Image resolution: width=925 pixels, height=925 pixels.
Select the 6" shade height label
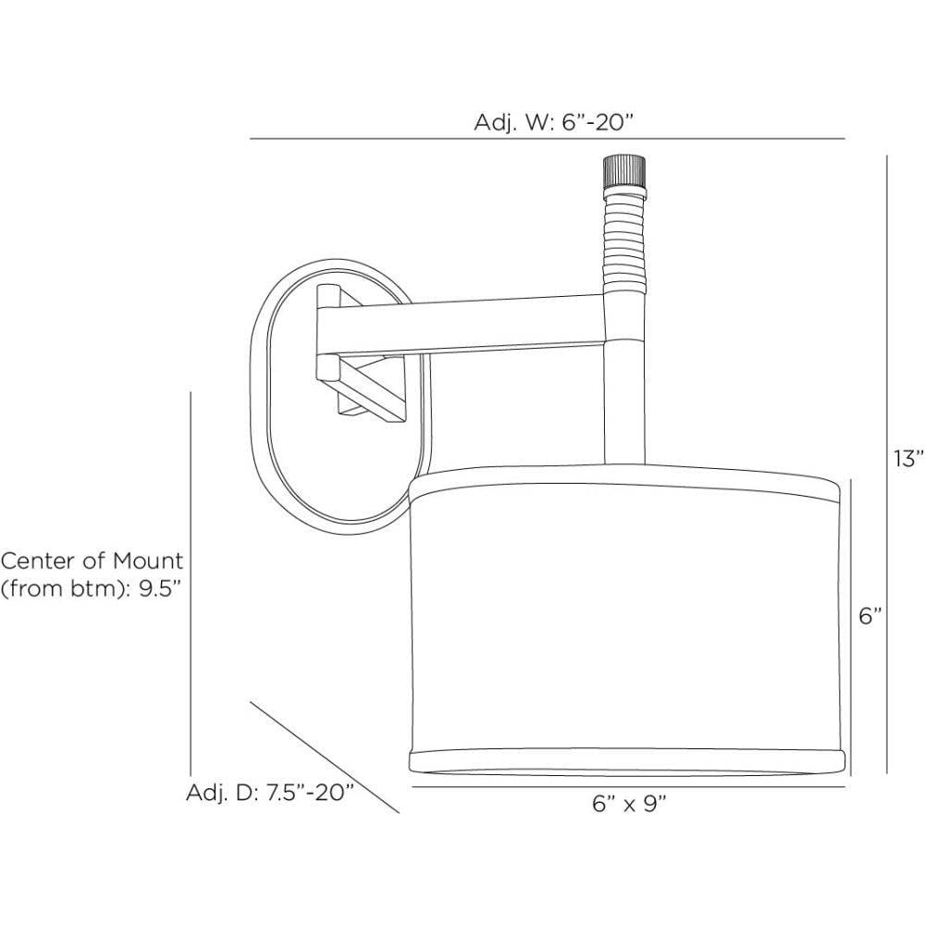pos(870,616)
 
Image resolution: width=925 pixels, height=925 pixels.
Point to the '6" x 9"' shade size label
pos(629,803)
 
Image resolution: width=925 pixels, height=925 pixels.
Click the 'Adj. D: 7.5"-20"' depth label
pos(270,793)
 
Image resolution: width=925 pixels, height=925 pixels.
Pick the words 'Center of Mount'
pos(92,561)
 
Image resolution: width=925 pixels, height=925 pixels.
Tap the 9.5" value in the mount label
pos(156,590)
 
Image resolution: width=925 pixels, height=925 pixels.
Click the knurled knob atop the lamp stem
pos(623,171)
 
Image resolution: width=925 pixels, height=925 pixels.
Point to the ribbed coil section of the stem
pos(623,240)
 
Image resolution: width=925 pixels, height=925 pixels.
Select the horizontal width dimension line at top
pos(546,139)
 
